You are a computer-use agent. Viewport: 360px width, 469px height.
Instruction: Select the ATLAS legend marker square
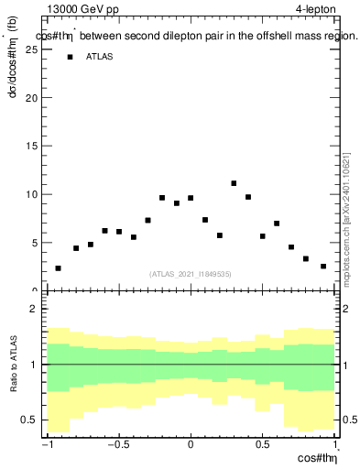(x=70, y=57)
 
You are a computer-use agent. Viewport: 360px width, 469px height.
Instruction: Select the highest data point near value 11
(x=234, y=184)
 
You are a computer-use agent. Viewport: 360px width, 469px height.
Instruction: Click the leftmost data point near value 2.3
(x=58, y=268)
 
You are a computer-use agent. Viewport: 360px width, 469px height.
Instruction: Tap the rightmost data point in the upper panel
(x=323, y=267)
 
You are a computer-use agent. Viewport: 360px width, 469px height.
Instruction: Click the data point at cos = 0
(x=191, y=198)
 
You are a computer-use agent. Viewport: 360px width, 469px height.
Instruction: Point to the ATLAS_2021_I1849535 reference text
(x=191, y=273)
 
